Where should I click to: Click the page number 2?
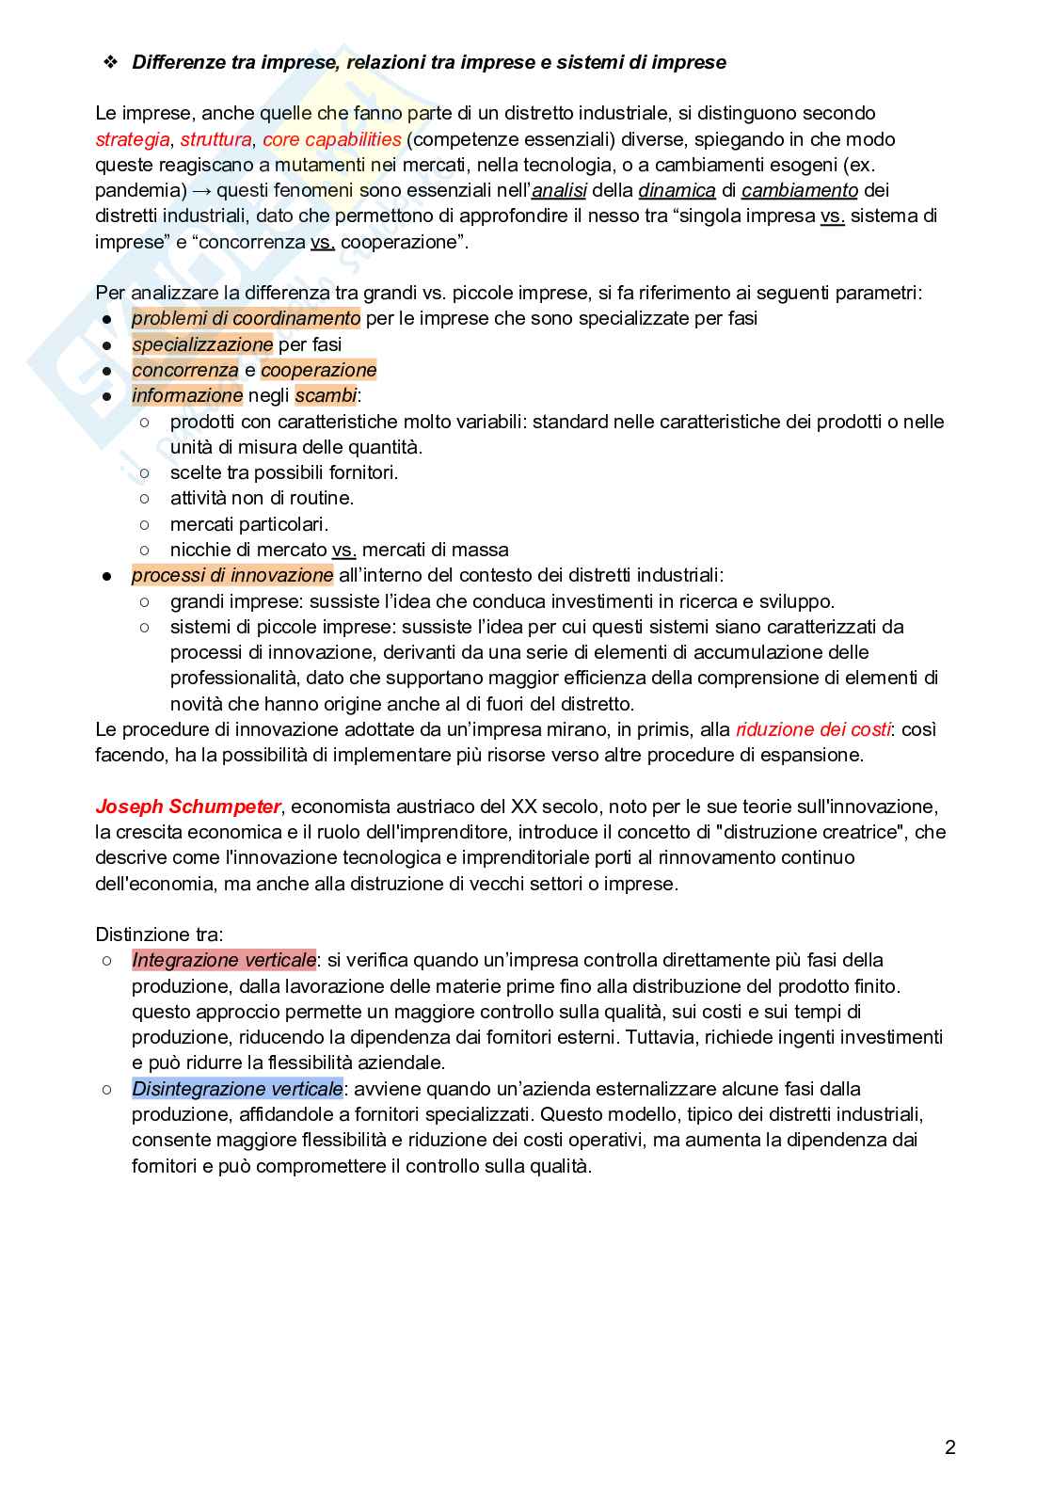[x=949, y=1447]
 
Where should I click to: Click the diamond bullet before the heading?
[x=110, y=62]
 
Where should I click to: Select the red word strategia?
[x=132, y=139]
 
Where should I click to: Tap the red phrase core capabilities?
[x=332, y=139]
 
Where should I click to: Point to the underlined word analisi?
[x=560, y=190]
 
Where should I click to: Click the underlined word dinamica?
[x=677, y=190]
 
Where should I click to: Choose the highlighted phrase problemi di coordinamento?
[x=246, y=318]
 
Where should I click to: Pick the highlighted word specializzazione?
[x=202, y=344]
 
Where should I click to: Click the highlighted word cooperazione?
[x=318, y=370]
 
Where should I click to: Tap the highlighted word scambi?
[x=326, y=395]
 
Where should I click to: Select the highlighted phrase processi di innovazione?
[x=232, y=575]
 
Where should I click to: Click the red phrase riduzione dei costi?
[x=813, y=729]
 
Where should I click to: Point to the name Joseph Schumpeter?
[x=187, y=807]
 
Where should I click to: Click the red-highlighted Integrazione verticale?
[x=224, y=960]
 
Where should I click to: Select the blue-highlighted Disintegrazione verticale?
[x=237, y=1089]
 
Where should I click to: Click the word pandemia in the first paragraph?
[x=136, y=190]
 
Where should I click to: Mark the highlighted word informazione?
[x=187, y=395]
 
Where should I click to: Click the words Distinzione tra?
[x=159, y=935]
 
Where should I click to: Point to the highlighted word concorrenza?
[x=185, y=370]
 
